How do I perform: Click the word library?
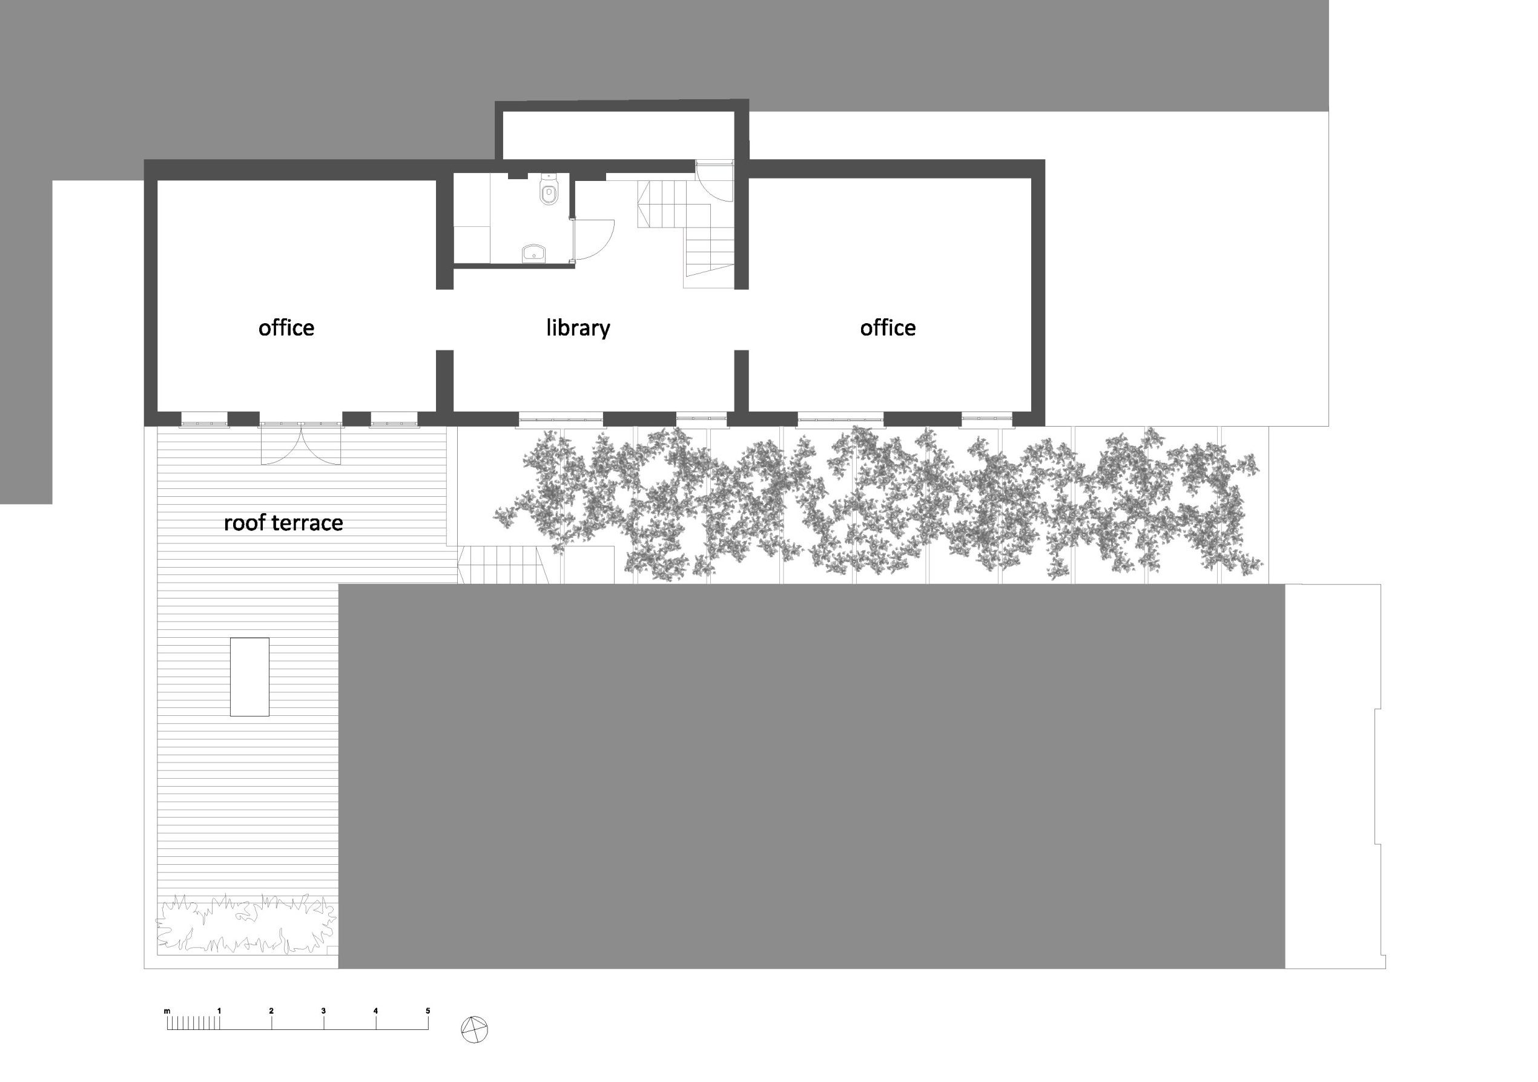(x=578, y=329)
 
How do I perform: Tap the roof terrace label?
(x=283, y=522)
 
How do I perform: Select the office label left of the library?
(x=286, y=327)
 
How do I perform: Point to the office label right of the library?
(x=888, y=327)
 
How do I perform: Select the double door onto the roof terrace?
(x=301, y=444)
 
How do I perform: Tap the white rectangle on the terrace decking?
(x=250, y=677)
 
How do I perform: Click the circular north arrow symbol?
(x=475, y=1029)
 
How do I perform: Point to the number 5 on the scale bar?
(x=428, y=1011)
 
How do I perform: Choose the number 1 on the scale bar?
(x=219, y=1011)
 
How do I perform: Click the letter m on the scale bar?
(x=168, y=1011)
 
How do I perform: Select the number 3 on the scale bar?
(x=323, y=1011)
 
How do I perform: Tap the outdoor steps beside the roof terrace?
(x=504, y=565)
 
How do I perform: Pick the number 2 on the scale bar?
(x=271, y=1011)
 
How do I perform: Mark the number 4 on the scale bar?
(x=376, y=1011)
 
